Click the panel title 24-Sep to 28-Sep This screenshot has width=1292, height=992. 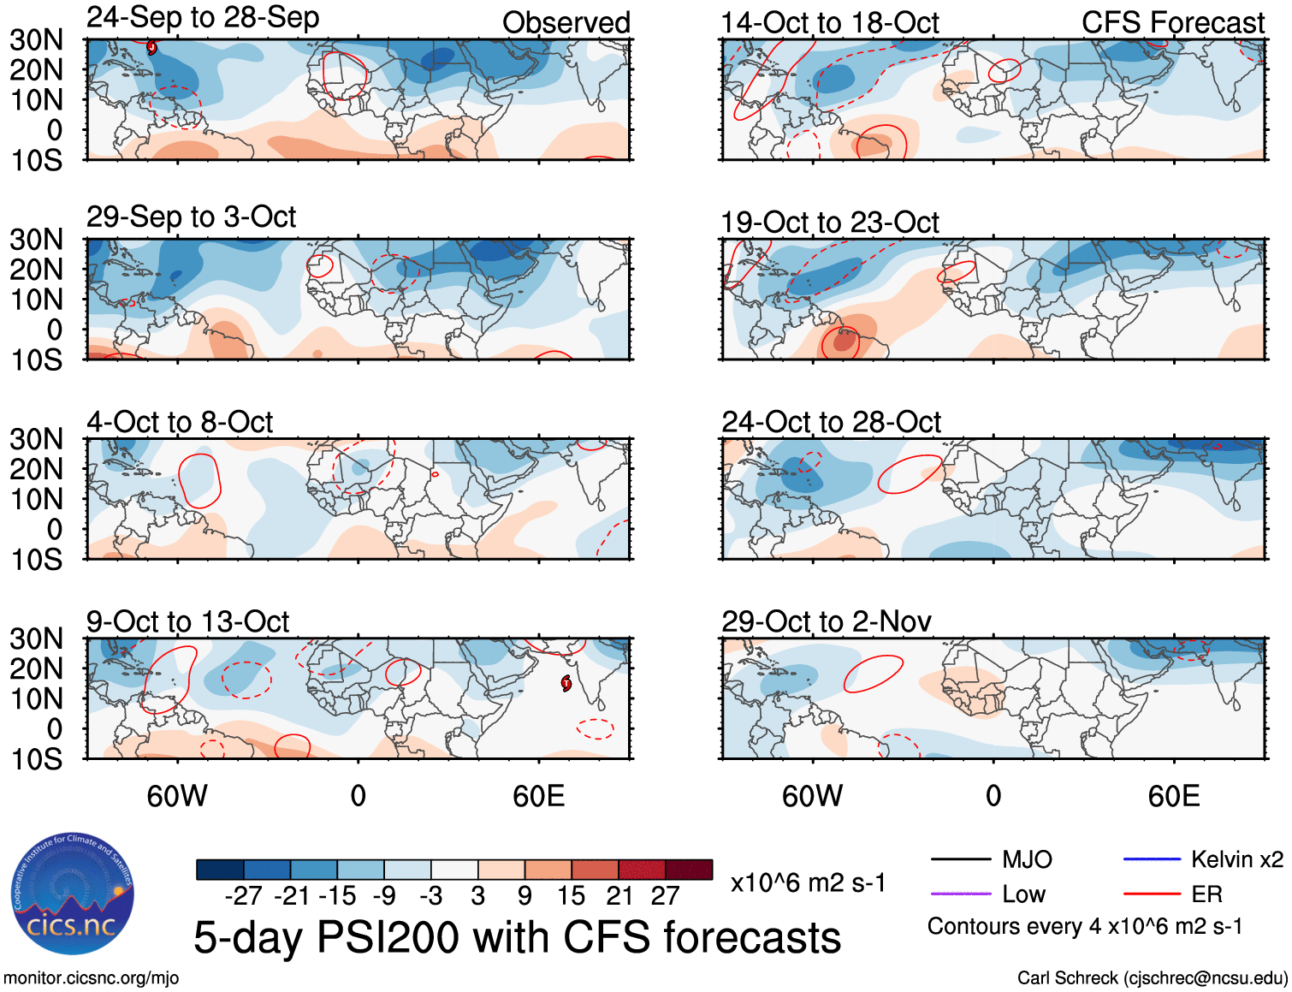pyautogui.click(x=203, y=18)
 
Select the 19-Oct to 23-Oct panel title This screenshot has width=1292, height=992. pyautogui.click(x=829, y=223)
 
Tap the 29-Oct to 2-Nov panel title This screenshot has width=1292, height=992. pyautogui.click(x=826, y=621)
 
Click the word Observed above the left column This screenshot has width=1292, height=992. pyautogui.click(x=566, y=22)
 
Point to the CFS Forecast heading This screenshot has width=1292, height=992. pyautogui.click(x=1172, y=22)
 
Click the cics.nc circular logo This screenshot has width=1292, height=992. pyautogui.click(x=72, y=894)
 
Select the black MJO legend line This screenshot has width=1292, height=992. pyautogui.click(x=960, y=859)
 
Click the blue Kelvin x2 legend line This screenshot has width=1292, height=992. pyautogui.click(x=1152, y=859)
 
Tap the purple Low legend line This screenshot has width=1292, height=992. pyautogui.click(x=960, y=894)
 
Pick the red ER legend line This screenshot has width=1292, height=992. pyautogui.click(x=1152, y=894)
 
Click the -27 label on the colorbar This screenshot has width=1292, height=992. pyautogui.click(x=243, y=896)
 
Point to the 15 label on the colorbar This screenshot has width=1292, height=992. pyautogui.click(x=571, y=896)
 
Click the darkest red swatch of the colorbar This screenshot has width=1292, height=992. pyautogui.click(x=689, y=870)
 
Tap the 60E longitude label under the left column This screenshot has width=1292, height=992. pyautogui.click(x=538, y=796)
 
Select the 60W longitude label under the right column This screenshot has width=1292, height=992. pyautogui.click(x=812, y=796)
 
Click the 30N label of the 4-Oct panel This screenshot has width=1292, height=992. pyautogui.click(x=36, y=439)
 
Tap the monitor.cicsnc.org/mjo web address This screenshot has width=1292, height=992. pyautogui.click(x=91, y=977)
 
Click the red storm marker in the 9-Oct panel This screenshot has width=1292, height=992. pyautogui.click(x=566, y=682)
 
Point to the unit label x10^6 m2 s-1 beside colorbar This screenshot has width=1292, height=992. pyautogui.click(x=808, y=882)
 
